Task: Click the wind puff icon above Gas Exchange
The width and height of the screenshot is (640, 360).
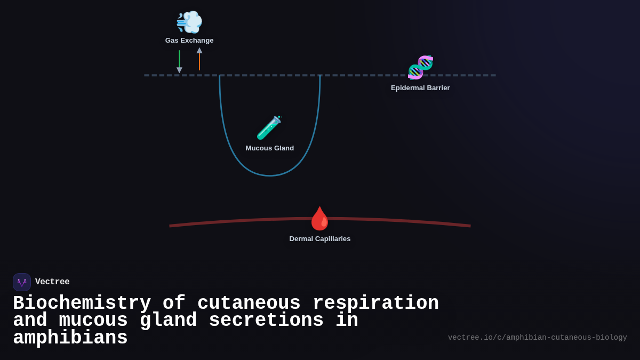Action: (189, 22)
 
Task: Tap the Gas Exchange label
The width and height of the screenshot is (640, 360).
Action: (189, 41)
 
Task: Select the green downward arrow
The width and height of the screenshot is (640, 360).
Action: (179, 61)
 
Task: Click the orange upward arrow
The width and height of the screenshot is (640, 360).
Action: (199, 59)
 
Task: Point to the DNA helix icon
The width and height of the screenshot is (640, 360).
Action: (420, 67)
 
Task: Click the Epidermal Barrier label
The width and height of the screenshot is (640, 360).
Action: (420, 88)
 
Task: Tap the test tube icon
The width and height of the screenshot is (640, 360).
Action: (269, 128)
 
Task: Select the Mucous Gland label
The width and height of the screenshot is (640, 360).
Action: (269, 148)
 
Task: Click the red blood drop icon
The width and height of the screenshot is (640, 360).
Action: (320, 219)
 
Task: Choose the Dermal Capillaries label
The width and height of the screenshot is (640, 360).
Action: (320, 239)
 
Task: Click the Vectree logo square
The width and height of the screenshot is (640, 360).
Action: (22, 282)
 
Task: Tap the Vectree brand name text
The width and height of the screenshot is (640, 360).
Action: (52, 282)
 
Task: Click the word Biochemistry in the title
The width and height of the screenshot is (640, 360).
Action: (82, 303)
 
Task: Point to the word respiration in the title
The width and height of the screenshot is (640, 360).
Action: (375, 303)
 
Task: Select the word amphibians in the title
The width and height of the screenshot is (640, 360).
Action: (70, 338)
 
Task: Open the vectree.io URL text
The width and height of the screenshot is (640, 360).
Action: (537, 338)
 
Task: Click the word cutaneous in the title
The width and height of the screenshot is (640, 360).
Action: (249, 303)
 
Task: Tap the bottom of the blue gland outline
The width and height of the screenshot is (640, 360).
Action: (270, 175)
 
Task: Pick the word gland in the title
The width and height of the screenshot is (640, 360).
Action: (168, 321)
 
